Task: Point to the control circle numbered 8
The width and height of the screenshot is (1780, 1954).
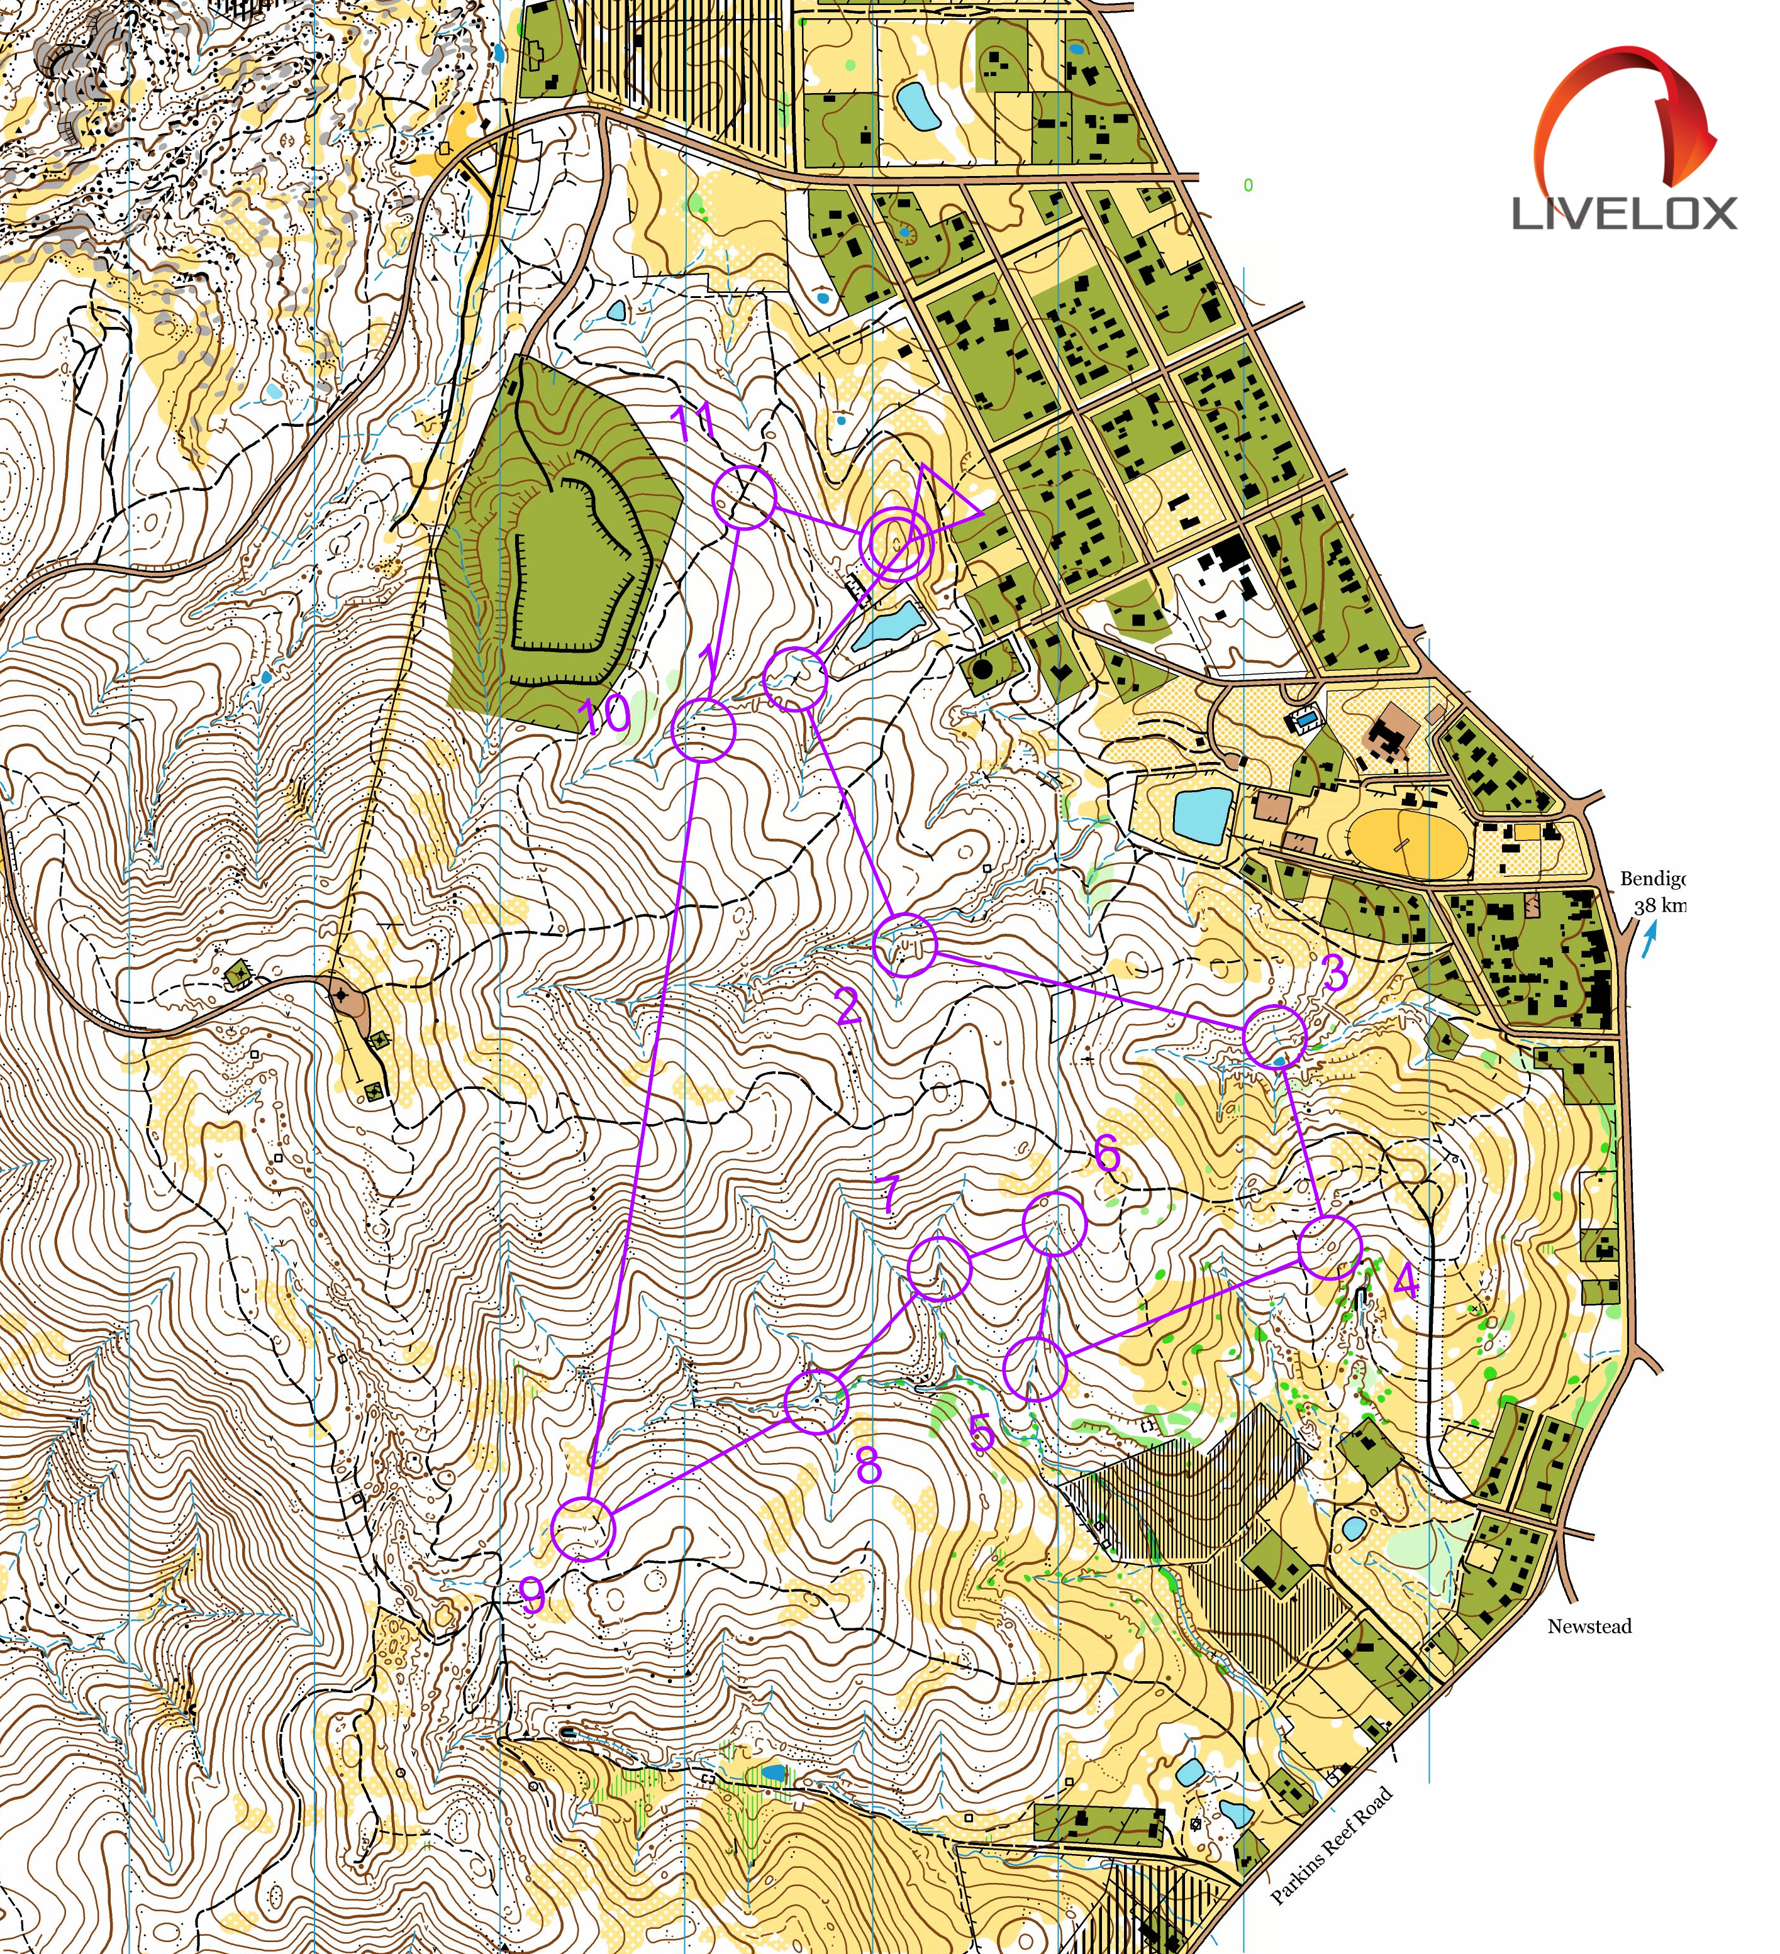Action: [815, 1401]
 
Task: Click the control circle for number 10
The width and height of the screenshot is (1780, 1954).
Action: [704, 730]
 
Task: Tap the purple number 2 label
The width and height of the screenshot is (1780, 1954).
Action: [847, 1007]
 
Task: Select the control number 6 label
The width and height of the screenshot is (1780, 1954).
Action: [1107, 1154]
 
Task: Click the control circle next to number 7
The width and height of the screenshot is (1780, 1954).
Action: [938, 1267]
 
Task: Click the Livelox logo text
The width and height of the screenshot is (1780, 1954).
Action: [1625, 213]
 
